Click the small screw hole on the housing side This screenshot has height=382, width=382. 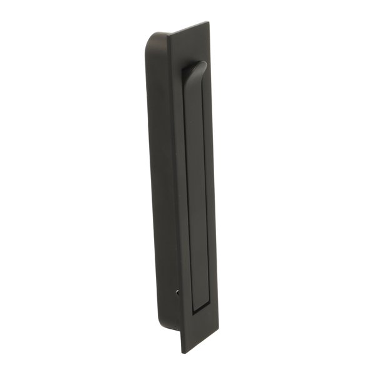(178, 291)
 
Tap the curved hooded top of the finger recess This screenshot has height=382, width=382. (195, 68)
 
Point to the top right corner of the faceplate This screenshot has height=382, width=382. (209, 23)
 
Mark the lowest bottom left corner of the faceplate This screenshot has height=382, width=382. (182, 353)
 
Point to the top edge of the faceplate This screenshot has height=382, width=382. (188, 28)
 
